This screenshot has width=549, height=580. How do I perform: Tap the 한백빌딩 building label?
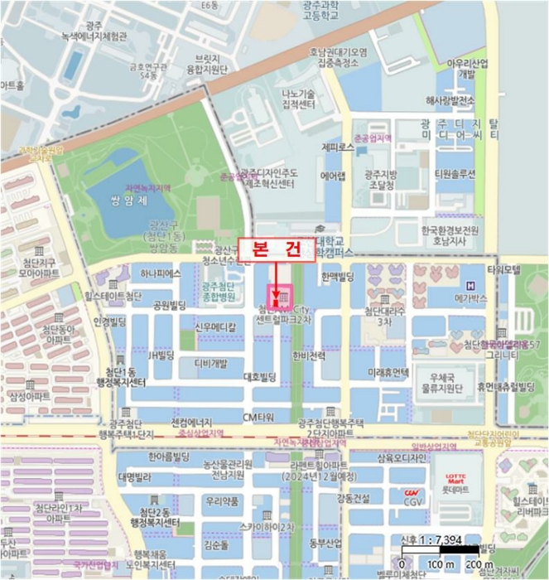coord(337,275)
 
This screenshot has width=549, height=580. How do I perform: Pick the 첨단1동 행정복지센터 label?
coord(125,377)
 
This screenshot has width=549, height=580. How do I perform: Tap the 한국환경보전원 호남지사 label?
coord(450,234)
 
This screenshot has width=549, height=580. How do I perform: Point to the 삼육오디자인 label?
coord(402,457)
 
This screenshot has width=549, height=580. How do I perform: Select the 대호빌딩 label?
coord(258,377)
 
